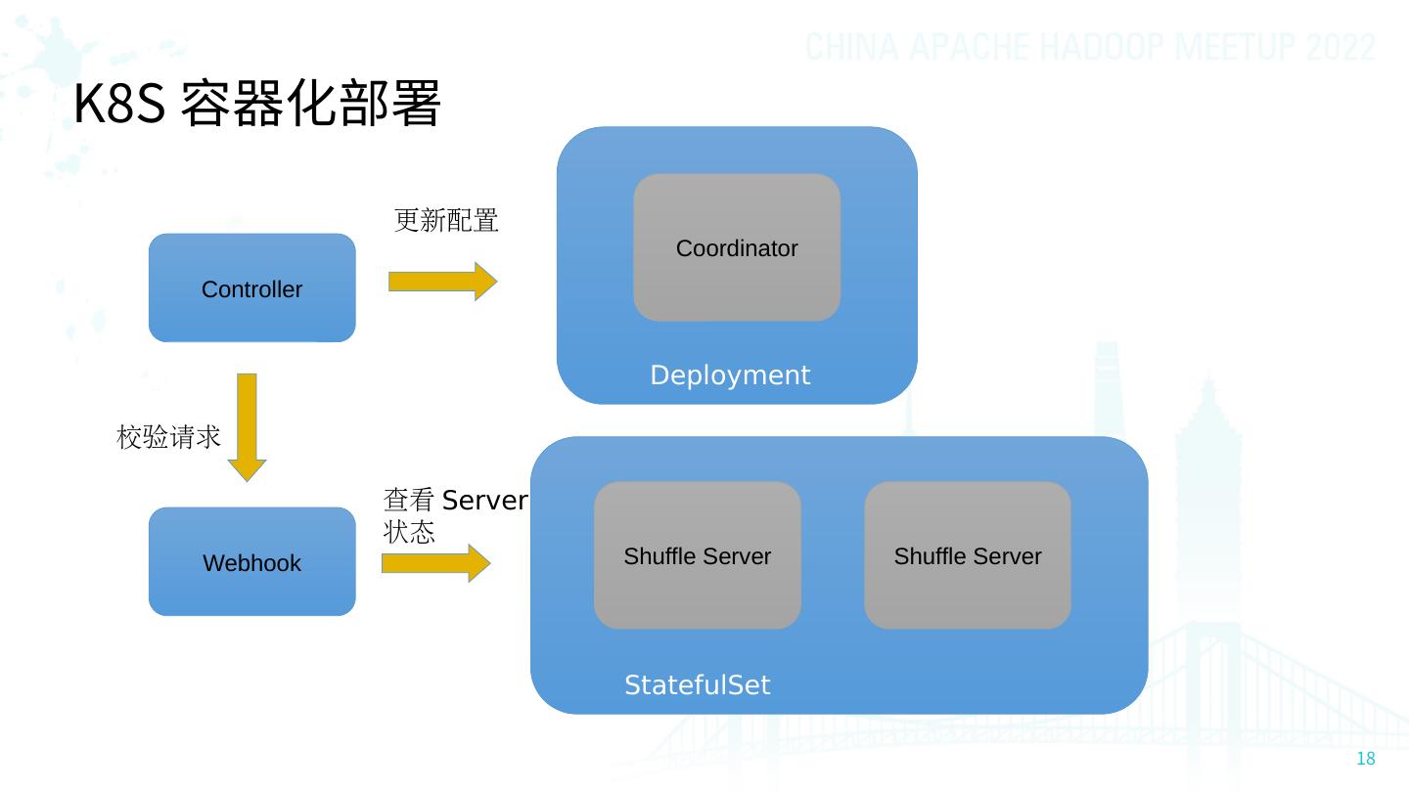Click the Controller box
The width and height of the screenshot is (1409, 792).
pyautogui.click(x=252, y=287)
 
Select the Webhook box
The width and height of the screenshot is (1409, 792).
pyautogui.click(x=252, y=561)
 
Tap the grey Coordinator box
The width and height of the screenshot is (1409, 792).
pyautogui.click(x=737, y=247)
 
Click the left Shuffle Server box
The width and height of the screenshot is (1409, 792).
pyautogui.click(x=697, y=555)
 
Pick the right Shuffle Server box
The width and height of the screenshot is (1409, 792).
pyautogui.click(x=968, y=555)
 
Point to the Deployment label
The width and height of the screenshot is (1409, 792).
pyautogui.click(x=730, y=375)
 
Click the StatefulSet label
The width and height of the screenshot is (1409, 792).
pyautogui.click(x=697, y=684)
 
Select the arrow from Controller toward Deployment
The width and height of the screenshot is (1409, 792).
pyautogui.click(x=443, y=281)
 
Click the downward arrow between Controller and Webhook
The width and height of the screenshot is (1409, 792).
pyautogui.click(x=247, y=427)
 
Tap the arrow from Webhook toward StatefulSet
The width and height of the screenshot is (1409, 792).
pyautogui.click(x=436, y=562)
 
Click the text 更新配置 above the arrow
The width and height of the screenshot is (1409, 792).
pyautogui.click(x=446, y=221)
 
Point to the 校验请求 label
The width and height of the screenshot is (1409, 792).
pyautogui.click(x=168, y=437)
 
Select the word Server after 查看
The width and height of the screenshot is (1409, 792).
pyautogui.click(x=485, y=501)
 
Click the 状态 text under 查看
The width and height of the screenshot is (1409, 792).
pyautogui.click(x=409, y=532)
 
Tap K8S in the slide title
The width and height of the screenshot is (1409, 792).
pyautogui.click(x=119, y=104)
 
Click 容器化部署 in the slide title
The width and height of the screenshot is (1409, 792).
pyautogui.click(x=311, y=103)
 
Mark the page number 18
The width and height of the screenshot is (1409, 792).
pyautogui.click(x=1366, y=759)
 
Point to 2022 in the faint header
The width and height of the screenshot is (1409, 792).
pyautogui.click(x=1341, y=47)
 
